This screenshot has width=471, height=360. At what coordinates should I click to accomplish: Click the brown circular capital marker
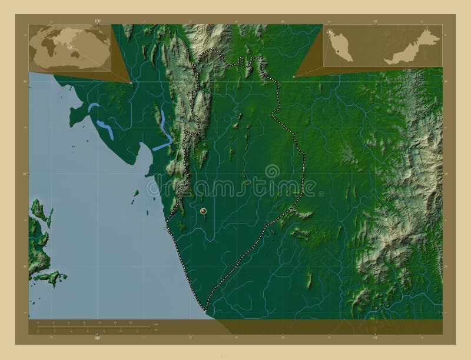point(203,210)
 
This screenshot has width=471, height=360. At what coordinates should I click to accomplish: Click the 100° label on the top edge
point(97,21)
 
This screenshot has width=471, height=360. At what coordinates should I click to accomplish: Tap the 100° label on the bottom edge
point(97,338)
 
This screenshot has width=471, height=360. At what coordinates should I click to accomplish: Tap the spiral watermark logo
point(273,171)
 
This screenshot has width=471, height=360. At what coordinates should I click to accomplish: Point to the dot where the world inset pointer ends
point(131,83)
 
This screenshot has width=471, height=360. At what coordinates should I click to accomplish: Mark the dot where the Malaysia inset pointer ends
point(294,76)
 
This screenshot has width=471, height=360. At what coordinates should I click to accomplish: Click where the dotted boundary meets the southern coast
point(207,309)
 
